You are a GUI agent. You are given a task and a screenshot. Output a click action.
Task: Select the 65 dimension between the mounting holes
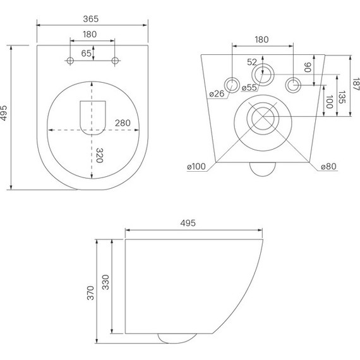click(x=87, y=54)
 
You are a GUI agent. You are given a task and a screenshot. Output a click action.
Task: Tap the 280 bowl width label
click(x=124, y=123)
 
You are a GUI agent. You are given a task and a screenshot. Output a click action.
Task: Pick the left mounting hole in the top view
click(x=69, y=61)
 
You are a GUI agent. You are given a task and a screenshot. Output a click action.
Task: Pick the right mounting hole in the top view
click(x=115, y=61)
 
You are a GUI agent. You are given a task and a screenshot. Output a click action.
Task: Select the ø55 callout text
click(x=248, y=87)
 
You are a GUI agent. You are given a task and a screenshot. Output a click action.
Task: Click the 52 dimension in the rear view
click(x=253, y=62)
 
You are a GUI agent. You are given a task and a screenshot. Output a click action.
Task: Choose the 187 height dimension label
click(x=356, y=84)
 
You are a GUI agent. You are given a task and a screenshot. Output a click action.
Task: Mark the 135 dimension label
click(x=342, y=97)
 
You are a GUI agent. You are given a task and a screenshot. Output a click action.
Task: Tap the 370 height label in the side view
click(x=90, y=293)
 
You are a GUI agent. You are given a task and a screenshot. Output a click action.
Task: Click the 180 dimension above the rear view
click(x=261, y=39)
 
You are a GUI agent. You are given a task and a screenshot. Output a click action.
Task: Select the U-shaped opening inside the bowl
click(x=92, y=116)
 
